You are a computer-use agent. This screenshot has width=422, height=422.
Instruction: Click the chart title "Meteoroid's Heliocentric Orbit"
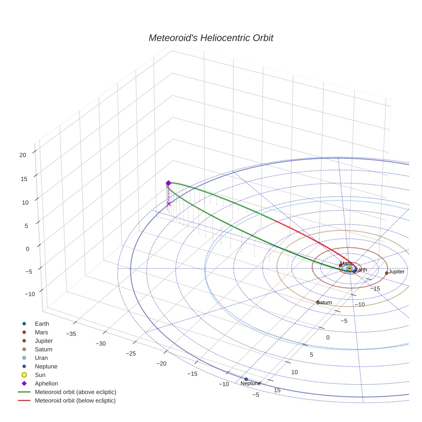[211, 38]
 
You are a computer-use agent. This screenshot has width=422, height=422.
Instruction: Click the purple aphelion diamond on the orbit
[169, 183]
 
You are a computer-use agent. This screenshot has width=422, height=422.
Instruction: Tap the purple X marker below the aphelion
[169, 204]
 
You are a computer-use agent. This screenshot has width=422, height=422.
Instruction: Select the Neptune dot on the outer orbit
[246, 379]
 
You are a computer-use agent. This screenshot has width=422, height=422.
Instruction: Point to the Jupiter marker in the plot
[386, 273]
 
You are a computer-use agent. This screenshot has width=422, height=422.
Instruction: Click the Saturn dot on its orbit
[318, 302]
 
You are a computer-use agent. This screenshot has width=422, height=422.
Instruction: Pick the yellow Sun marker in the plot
[349, 268]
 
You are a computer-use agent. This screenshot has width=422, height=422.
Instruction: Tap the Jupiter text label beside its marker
[397, 272]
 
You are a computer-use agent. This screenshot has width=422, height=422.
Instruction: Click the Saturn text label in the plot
[325, 303]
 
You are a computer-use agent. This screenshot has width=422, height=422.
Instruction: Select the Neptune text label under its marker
[250, 383]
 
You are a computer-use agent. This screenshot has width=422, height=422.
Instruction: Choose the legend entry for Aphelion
[46, 383]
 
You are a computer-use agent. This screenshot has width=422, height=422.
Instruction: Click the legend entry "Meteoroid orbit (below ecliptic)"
[75, 401]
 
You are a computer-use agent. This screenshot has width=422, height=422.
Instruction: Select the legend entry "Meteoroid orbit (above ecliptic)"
[75, 392]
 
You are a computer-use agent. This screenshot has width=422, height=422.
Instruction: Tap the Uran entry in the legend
[41, 358]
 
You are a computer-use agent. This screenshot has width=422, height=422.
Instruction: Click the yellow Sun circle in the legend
[24, 375]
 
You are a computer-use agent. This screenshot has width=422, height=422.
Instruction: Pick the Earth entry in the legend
[42, 324]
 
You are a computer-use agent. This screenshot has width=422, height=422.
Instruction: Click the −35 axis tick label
[71, 334]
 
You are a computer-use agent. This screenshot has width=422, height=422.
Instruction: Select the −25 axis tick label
[131, 353]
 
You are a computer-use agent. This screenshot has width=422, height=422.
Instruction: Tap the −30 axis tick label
[101, 344]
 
